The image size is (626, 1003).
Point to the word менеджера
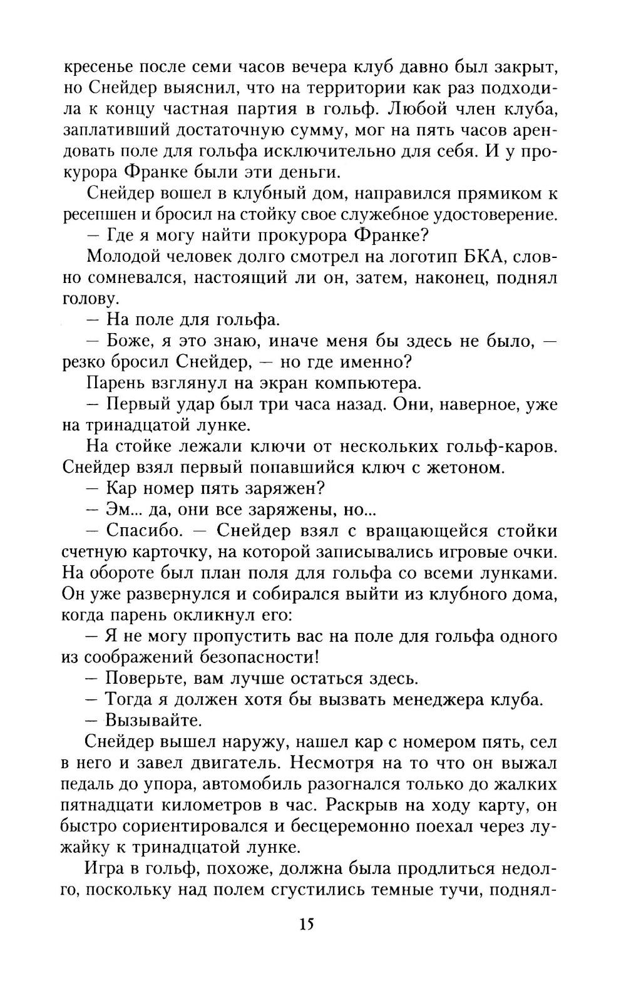click(448, 699)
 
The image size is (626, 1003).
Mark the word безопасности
click(253, 657)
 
